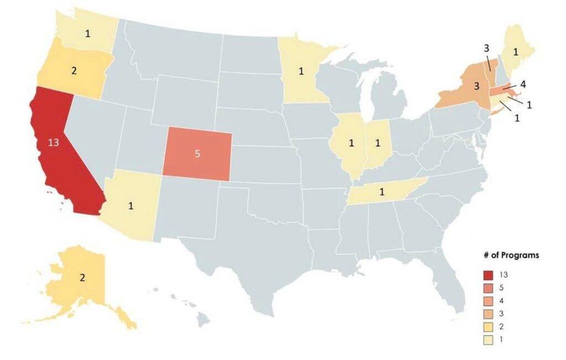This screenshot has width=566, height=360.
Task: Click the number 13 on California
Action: point(54,142)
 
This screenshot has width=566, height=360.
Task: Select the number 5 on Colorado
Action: point(197,154)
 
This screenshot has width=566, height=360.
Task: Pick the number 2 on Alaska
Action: point(82,278)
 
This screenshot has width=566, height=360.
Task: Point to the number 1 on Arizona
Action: point(131,206)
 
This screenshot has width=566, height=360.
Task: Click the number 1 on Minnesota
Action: point(301,71)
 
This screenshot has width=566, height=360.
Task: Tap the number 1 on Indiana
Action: point(378,144)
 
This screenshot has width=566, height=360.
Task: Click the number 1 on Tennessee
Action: point(381,192)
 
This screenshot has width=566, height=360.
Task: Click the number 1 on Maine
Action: point(515,53)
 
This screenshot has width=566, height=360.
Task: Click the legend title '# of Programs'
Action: point(511,255)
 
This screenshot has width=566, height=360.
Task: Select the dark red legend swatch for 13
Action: point(488,275)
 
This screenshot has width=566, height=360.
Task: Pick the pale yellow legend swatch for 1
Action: point(488,339)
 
